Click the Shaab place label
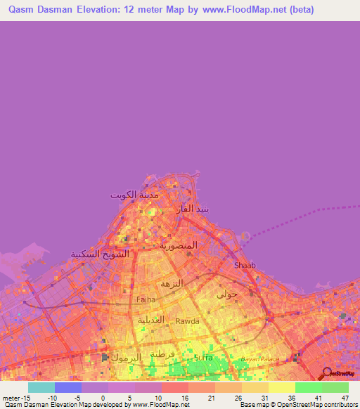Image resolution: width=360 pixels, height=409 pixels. (244, 265)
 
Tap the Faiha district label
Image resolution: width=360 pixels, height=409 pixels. (146, 299)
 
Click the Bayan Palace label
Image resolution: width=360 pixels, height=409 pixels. (261, 359)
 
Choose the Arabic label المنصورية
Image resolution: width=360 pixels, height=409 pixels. (183, 245)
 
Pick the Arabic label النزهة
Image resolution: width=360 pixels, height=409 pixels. (172, 283)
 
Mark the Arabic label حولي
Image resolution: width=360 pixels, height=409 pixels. (227, 294)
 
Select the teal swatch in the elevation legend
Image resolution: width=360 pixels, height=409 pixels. (41, 387)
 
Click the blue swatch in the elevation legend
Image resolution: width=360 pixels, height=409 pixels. (68, 387)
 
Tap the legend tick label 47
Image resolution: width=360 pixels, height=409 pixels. (345, 398)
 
